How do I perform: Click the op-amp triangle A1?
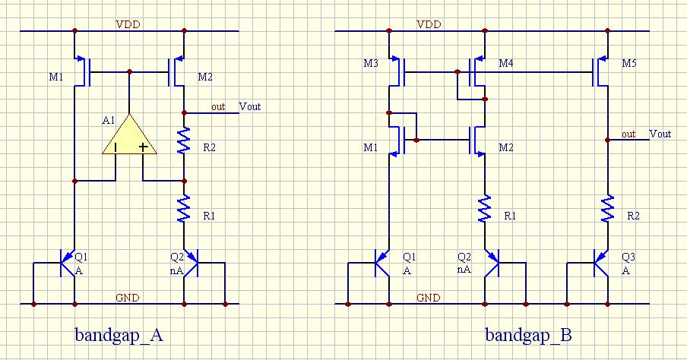tap(129, 137)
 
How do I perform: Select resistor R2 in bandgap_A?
tap(184, 141)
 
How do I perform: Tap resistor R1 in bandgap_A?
tap(184, 207)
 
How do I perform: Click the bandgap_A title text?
tap(119, 335)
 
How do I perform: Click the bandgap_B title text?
tap(528, 335)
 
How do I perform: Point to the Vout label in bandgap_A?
tap(250, 106)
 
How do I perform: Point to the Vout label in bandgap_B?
tap(660, 134)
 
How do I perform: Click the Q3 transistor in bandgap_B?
tap(602, 266)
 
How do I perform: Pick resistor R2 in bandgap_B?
tap(607, 207)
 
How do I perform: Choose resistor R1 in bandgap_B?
tap(485, 207)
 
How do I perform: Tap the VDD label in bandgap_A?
tap(128, 24)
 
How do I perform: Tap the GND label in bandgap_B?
tap(428, 298)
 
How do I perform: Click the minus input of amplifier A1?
tap(116, 147)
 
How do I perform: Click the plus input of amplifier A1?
tap(143, 147)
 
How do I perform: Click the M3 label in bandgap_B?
tap(371, 63)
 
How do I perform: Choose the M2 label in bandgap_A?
tap(205, 77)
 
